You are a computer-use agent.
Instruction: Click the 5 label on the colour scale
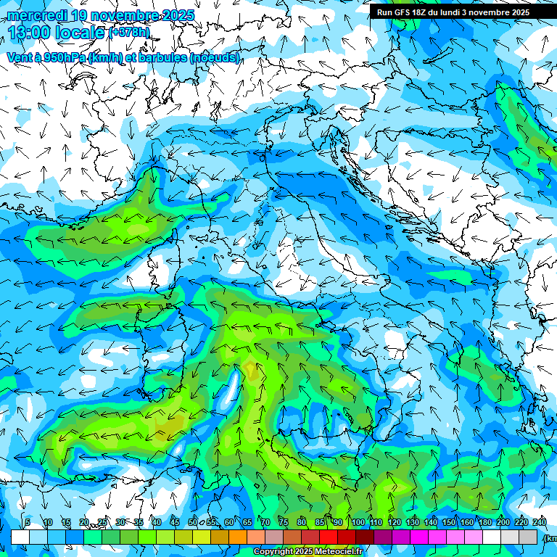pos(28,522)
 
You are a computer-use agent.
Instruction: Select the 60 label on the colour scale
pos(229,522)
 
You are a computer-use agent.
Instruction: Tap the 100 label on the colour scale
pos(358,522)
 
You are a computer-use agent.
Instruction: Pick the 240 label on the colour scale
pos(540,522)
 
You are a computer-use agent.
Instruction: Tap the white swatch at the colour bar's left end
pos(20,537)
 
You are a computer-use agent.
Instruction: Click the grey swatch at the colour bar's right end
pos(528,537)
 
